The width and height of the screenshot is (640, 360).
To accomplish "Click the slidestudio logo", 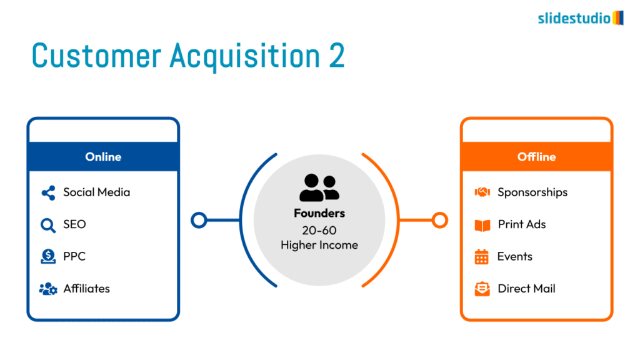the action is click(x=581, y=18).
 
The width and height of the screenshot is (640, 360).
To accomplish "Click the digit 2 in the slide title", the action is click(x=337, y=56).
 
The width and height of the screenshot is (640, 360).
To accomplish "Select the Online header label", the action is click(x=103, y=157).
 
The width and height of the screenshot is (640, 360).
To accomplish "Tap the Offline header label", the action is click(x=536, y=157).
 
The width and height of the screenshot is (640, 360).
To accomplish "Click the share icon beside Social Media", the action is click(x=48, y=192).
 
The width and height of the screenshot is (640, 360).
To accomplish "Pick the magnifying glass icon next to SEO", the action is click(x=47, y=225).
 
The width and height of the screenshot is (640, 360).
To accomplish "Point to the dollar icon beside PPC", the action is click(x=48, y=257).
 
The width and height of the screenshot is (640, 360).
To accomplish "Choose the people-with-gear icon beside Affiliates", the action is click(x=48, y=289).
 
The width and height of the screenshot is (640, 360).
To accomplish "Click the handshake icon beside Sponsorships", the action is click(x=482, y=192).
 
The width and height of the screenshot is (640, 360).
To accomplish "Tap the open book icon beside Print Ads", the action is click(x=482, y=225).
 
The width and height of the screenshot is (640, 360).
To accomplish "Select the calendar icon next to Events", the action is click(x=482, y=257).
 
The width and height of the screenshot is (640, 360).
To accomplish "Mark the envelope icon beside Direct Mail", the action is click(x=482, y=289).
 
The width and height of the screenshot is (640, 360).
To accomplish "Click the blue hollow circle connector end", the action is click(x=199, y=220).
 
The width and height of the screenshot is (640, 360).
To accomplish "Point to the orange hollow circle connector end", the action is click(x=439, y=220).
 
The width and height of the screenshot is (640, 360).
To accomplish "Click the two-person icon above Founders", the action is click(x=319, y=187).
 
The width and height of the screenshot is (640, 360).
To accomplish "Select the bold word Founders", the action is click(x=319, y=214).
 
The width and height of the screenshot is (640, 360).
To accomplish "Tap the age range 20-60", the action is click(x=319, y=231).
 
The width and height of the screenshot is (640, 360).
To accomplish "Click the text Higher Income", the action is click(x=319, y=245).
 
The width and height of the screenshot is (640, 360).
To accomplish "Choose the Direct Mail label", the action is click(x=526, y=289).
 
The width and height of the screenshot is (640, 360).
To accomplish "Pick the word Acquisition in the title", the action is click(x=245, y=56).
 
